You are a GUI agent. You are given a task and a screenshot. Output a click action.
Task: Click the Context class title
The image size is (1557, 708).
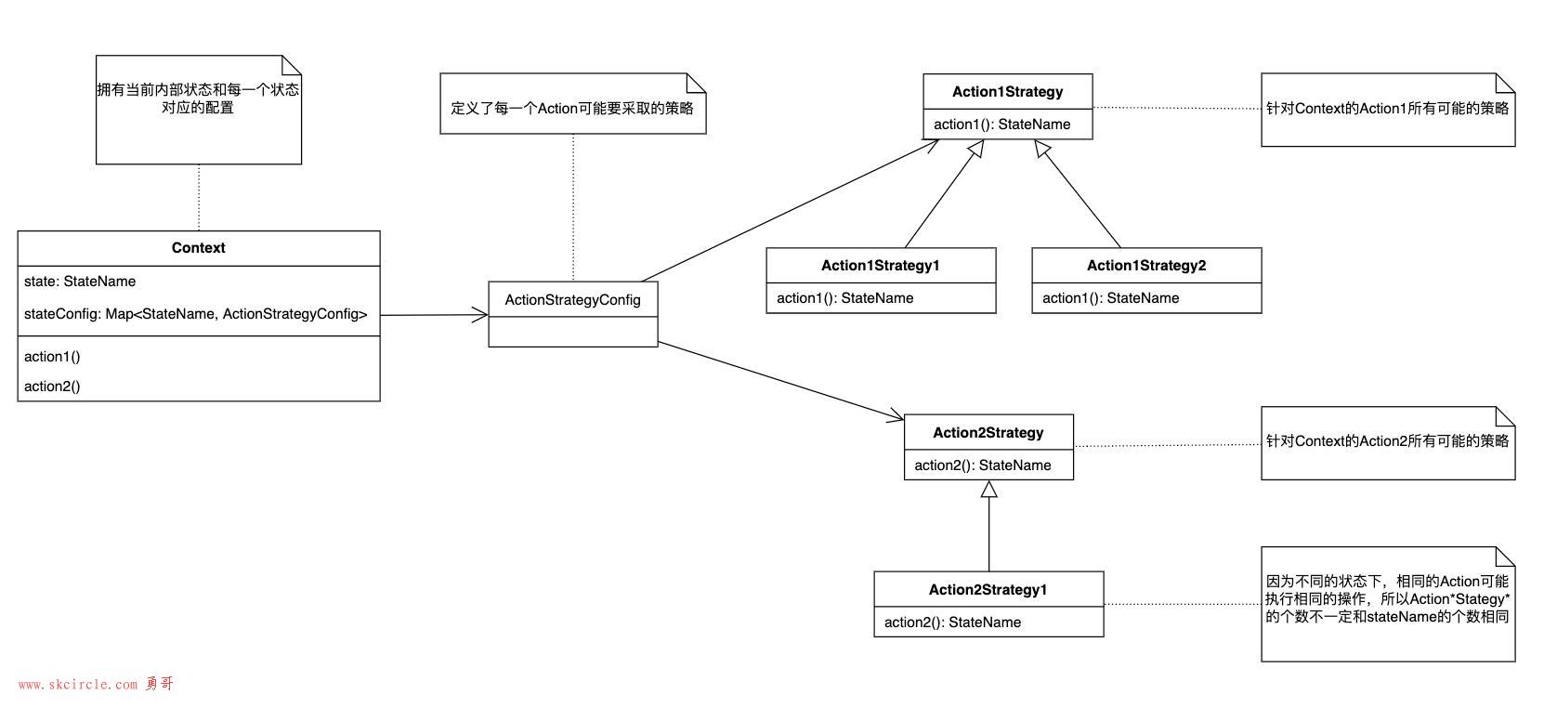pyautogui.click(x=198, y=247)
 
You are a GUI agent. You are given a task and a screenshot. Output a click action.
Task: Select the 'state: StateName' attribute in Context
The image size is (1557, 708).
pyautogui.click(x=80, y=281)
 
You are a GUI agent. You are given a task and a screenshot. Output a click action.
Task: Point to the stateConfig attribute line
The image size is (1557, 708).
pyautogui.click(x=195, y=314)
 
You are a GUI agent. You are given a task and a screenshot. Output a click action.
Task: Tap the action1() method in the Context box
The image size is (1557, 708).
pyautogui.click(x=52, y=357)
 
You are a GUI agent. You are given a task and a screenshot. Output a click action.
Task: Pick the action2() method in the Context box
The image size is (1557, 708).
pyautogui.click(x=52, y=386)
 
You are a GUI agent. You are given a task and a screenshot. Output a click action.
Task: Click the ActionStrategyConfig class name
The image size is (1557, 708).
pyautogui.click(x=573, y=300)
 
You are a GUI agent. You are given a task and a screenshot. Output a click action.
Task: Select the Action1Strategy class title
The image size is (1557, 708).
pyautogui.click(x=1007, y=92)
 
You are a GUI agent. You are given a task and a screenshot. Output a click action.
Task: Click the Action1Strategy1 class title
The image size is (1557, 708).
pyautogui.click(x=881, y=265)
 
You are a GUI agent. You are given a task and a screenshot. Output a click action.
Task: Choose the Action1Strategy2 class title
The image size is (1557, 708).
pyautogui.click(x=1146, y=265)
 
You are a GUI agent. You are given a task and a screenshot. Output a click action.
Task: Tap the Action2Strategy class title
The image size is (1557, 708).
pyautogui.click(x=988, y=433)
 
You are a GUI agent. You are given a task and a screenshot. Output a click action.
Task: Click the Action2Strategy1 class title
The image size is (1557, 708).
pyautogui.click(x=988, y=590)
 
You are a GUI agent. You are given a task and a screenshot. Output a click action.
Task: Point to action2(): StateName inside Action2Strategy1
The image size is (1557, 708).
pyautogui.click(x=952, y=623)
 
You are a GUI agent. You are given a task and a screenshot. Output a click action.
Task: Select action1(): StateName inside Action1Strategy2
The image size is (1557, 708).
pyautogui.click(x=1111, y=298)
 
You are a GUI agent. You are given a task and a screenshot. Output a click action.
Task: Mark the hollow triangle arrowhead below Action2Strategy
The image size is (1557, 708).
pyautogui.click(x=989, y=489)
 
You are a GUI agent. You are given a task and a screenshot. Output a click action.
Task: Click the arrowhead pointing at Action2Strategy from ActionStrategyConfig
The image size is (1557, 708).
pyautogui.click(x=896, y=416)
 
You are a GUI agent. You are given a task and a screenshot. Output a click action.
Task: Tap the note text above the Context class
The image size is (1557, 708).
pyautogui.click(x=198, y=98)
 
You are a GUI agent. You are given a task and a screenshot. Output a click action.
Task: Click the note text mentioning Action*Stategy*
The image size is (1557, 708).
pyautogui.click(x=1387, y=598)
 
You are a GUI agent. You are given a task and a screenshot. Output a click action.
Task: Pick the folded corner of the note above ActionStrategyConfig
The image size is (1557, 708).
pyautogui.click(x=697, y=83)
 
